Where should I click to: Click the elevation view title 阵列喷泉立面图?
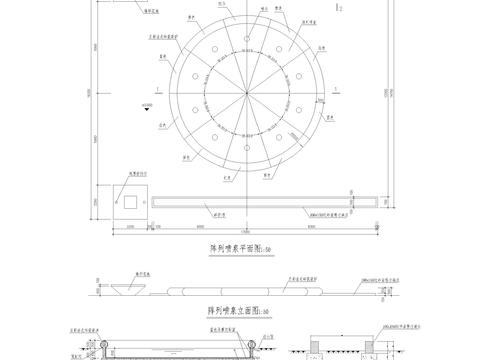coord(225,312)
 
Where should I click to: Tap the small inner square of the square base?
coord(129,202)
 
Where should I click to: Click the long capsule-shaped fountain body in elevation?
coord(240,290)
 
